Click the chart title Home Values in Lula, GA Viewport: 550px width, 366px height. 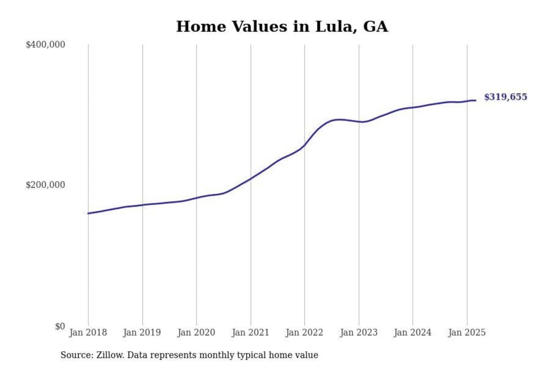(x=282, y=27)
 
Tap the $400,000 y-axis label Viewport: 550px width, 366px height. (x=45, y=45)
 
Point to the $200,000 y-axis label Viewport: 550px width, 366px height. (x=45, y=185)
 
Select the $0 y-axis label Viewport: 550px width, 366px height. (x=60, y=326)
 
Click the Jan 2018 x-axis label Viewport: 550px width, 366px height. (x=88, y=332)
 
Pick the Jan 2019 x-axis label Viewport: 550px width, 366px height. (x=142, y=332)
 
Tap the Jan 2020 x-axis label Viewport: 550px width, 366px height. (x=196, y=332)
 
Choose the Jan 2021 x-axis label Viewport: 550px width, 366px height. (x=251, y=332)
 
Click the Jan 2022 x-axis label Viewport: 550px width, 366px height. (x=304, y=332)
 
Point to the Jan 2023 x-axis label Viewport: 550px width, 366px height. (x=359, y=332)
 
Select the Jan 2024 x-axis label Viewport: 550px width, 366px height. (x=412, y=332)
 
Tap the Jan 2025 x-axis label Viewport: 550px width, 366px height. (x=467, y=332)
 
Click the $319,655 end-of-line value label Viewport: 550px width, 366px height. (x=505, y=97)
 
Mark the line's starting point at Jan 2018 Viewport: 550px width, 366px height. (x=88, y=213)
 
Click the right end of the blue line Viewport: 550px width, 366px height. (x=476, y=100)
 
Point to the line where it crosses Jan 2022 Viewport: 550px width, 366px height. (x=305, y=145)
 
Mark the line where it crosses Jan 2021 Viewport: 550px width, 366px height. (x=251, y=178)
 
